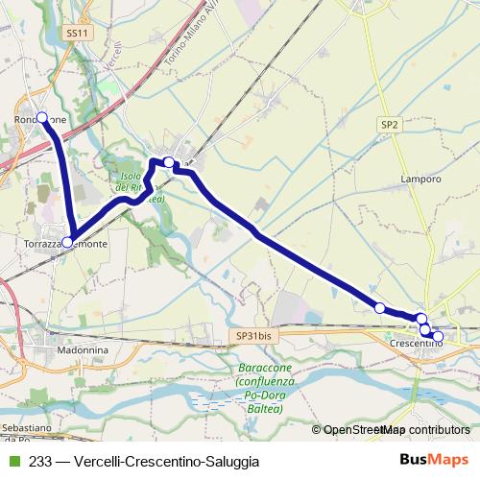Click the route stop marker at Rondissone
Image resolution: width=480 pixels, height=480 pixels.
coord(41,118)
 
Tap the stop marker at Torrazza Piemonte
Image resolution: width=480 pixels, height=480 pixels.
coord(67,242)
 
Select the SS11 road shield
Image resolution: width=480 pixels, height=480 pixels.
coord(77,33)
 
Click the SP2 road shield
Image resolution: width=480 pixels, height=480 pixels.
coord(389,125)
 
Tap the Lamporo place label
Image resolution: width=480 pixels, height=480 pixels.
coord(421,179)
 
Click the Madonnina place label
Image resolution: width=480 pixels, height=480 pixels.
coord(82,351)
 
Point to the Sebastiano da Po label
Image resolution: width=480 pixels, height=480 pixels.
coord(19,429)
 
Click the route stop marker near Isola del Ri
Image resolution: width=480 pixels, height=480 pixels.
coord(169,162)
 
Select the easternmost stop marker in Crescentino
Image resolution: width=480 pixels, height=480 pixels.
coord(438,336)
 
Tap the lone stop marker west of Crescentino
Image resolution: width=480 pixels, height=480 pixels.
coord(379,308)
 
